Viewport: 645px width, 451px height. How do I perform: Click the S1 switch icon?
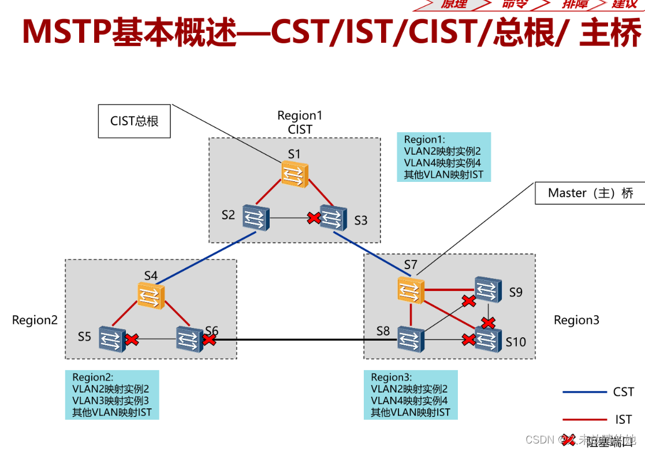pyautogui.click(x=295, y=174)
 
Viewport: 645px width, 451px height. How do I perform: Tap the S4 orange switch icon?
pyautogui.click(x=151, y=295)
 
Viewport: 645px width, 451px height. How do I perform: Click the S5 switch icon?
pyautogui.click(x=111, y=339)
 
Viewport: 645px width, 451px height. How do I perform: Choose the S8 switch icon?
pyautogui.click(x=410, y=340)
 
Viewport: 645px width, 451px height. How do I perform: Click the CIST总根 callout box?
pyautogui.click(x=134, y=121)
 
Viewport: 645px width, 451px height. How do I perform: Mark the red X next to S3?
pyautogui.click(x=314, y=218)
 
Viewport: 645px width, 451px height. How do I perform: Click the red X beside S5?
pyautogui.click(x=132, y=339)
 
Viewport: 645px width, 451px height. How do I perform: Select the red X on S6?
pyautogui.click(x=208, y=340)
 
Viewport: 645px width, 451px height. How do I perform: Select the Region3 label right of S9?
pyautogui.click(x=576, y=320)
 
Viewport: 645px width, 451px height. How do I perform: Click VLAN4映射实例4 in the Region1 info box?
pyautogui.click(x=442, y=163)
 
